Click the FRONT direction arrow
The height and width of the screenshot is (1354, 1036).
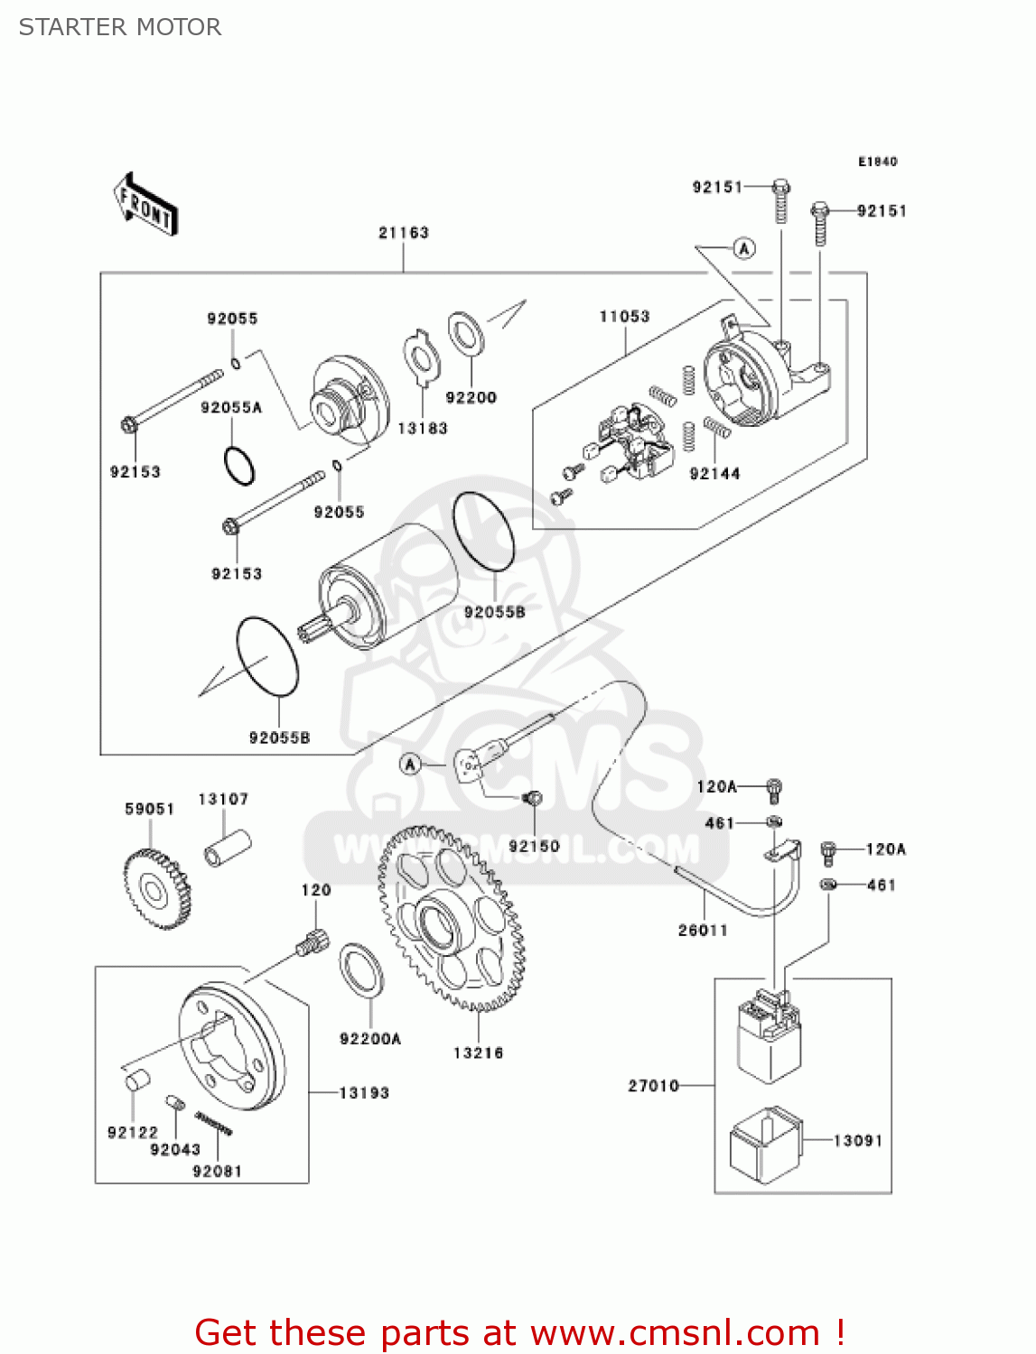coord(145,205)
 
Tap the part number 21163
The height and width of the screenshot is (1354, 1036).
coord(404,233)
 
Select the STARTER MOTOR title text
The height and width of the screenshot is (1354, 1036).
coord(120,27)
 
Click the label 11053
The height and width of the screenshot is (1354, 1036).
coord(624,317)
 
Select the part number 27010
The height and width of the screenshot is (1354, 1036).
coord(653,1086)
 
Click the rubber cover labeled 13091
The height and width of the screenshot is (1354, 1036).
coord(765,1145)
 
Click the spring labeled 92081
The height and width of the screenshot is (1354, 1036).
coord(215,1123)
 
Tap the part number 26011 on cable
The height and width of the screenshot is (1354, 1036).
coord(703,931)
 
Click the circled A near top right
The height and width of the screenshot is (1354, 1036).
coord(743,248)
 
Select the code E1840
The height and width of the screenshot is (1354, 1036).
coord(877,162)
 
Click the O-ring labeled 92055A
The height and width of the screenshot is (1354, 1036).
coord(239,466)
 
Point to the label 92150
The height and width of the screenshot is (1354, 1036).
coord(534,847)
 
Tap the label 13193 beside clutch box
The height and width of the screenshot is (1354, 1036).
coord(364,1093)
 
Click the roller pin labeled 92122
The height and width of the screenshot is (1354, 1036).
coord(135,1080)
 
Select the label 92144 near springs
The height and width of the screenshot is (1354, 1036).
coord(714,474)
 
